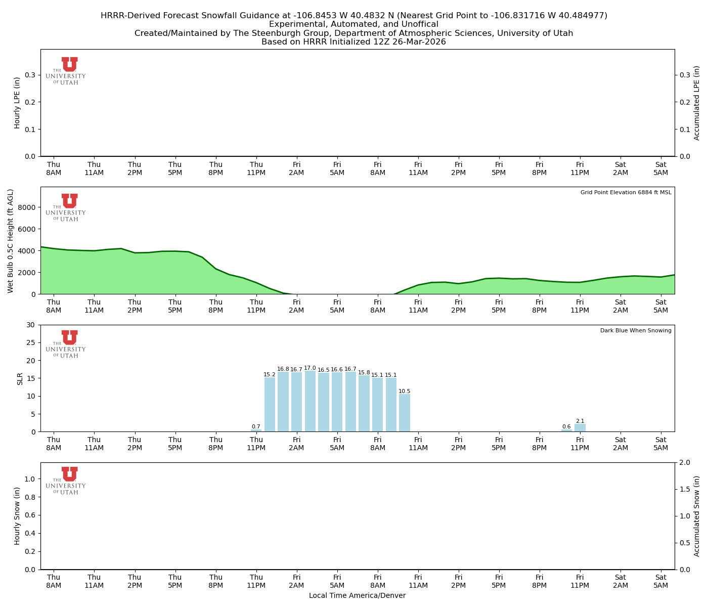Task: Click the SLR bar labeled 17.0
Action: [x=310, y=401]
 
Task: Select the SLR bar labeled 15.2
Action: [x=270, y=404]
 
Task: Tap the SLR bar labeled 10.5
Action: [x=405, y=413]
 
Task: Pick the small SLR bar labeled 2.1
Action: [x=580, y=428]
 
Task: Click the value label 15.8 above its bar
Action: [x=364, y=373]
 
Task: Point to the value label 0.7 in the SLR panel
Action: [x=256, y=427]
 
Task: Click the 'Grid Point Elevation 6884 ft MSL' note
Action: [x=626, y=193]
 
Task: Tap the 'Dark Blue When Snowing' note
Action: [x=636, y=331]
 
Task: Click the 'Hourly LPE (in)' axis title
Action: [x=17, y=103]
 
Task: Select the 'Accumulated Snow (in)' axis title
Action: [x=697, y=516]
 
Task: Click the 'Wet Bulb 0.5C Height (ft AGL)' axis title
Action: [x=11, y=241]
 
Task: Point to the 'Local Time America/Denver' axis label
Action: [x=357, y=596]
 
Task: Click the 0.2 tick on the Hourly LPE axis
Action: [x=30, y=102]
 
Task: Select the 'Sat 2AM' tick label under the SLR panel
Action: [x=621, y=444]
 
